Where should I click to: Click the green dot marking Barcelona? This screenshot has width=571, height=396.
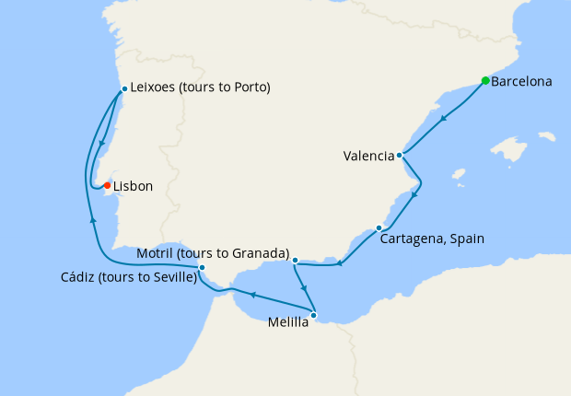485,80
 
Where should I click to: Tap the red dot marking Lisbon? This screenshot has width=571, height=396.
107,185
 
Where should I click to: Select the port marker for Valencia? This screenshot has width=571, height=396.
399,156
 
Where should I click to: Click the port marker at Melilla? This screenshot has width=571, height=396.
314,315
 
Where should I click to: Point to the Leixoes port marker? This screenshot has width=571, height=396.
123,88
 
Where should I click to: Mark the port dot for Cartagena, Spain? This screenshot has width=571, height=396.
379,227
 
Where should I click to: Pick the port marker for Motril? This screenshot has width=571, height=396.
295,261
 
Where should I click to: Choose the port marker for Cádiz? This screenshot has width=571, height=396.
202,268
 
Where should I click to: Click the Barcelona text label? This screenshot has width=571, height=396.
521,81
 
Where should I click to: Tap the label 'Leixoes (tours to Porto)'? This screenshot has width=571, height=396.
200,88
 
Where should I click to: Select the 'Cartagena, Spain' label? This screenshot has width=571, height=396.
432,239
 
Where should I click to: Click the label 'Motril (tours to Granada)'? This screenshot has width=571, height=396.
213,253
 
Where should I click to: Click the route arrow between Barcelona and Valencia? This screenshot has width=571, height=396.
444,118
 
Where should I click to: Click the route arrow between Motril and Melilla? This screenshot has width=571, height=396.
304,287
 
